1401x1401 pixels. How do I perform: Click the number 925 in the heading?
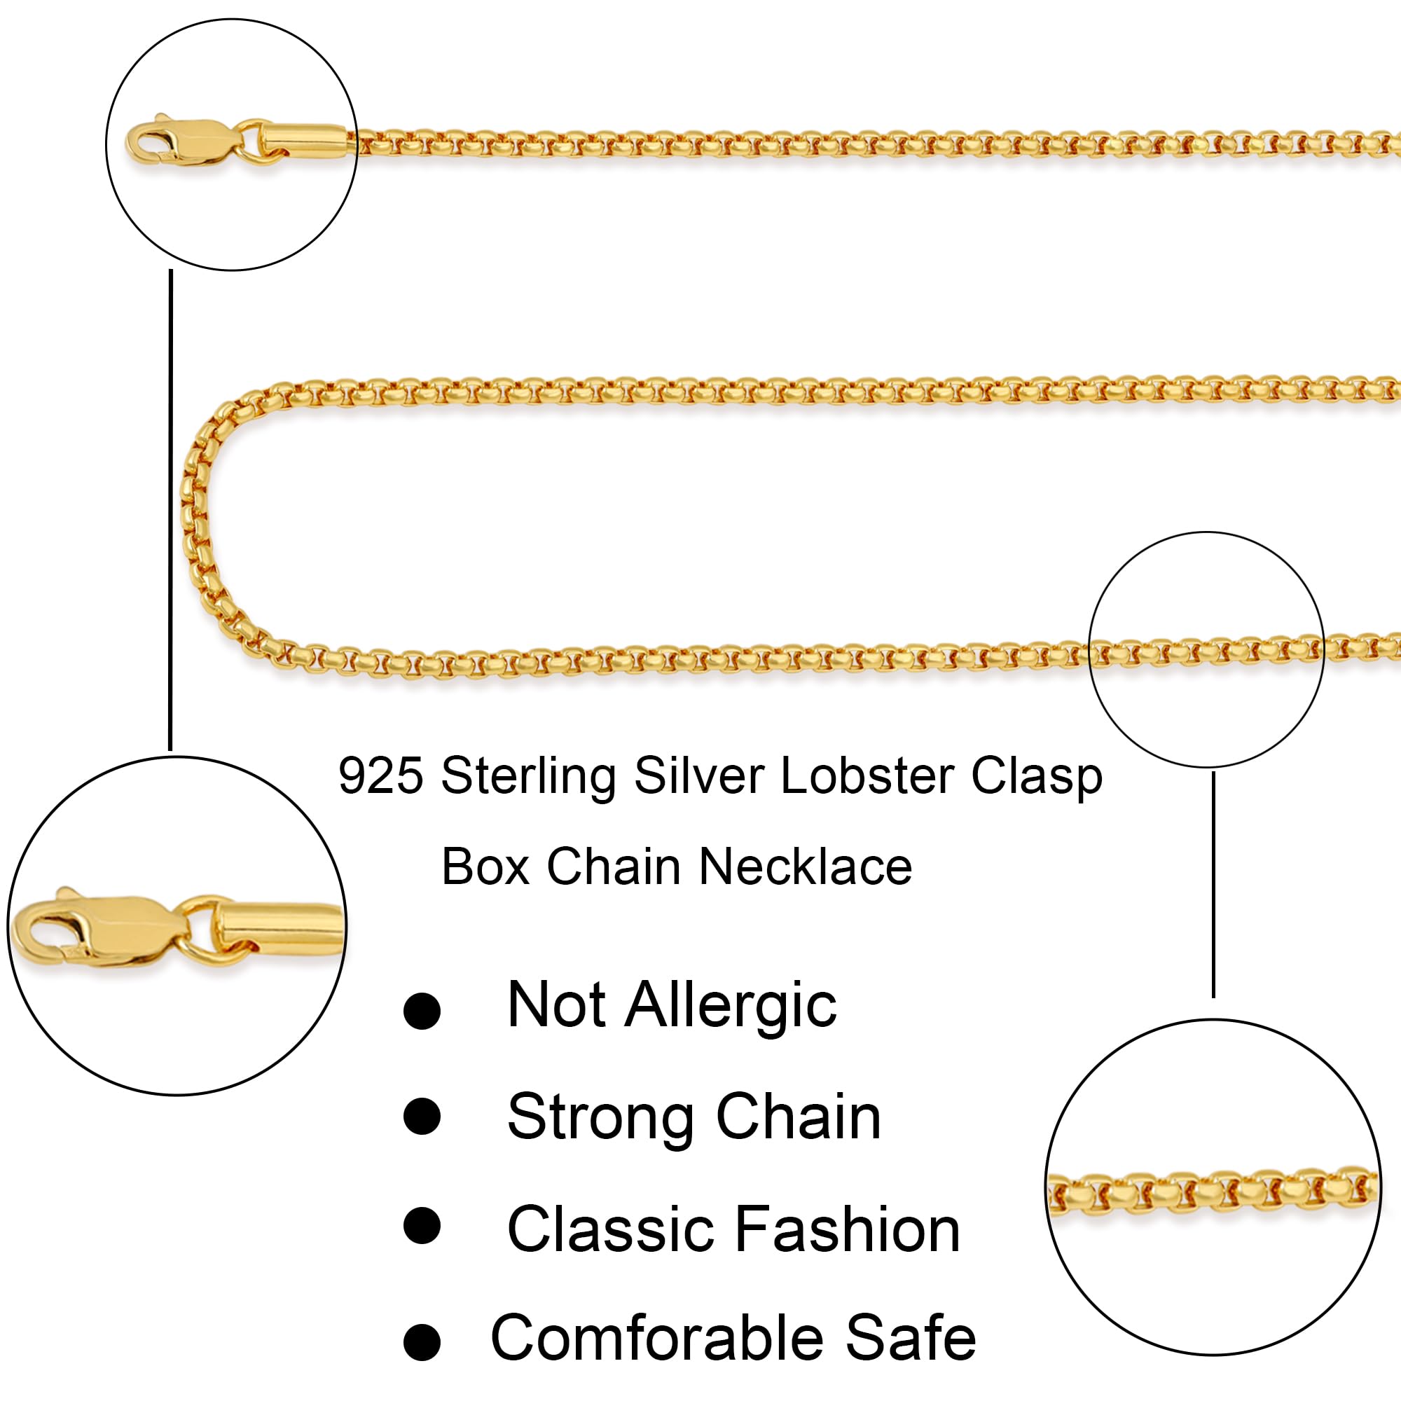(x=380, y=777)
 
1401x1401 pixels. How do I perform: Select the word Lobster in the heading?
(x=867, y=777)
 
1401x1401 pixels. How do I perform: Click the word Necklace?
(x=805, y=867)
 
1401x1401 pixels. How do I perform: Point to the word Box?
(x=485, y=867)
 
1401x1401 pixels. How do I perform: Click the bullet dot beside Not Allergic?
(x=422, y=1011)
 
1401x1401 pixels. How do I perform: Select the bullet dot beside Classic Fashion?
(x=422, y=1225)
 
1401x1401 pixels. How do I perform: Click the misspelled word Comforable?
(x=657, y=1338)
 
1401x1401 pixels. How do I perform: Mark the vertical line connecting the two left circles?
(x=170, y=508)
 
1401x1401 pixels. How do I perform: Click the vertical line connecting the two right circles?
(x=1213, y=885)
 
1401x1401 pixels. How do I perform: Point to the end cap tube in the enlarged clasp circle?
(x=279, y=927)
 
